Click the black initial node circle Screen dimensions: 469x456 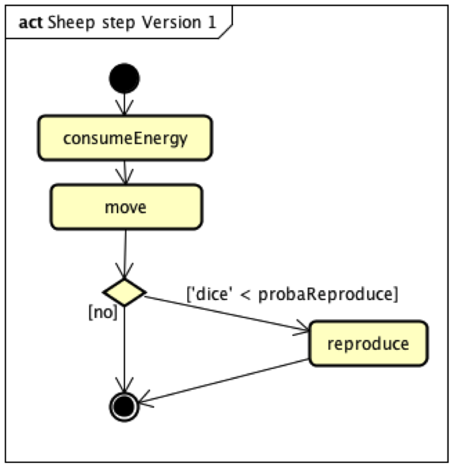point(124,78)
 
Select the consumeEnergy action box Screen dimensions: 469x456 point(125,138)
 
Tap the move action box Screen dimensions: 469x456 point(125,207)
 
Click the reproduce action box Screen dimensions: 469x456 point(368,344)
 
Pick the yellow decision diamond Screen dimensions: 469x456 point(124,292)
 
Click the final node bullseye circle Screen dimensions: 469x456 point(124,405)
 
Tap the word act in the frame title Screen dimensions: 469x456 point(31,23)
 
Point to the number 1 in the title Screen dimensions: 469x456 point(211,23)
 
